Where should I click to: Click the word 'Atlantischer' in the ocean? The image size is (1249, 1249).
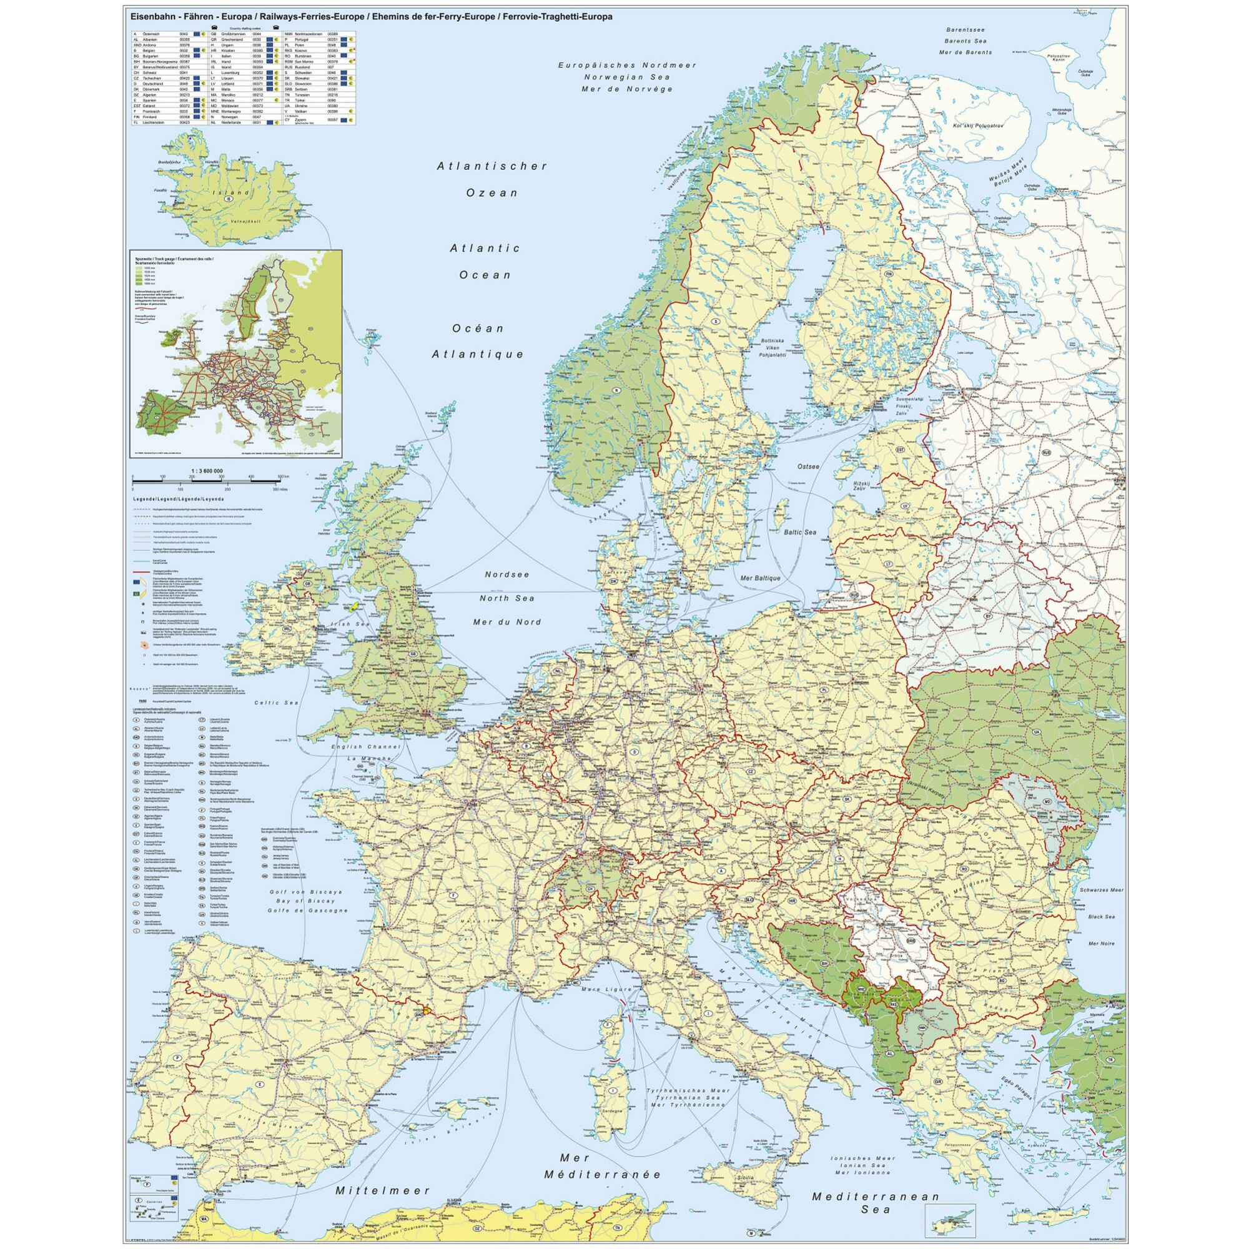[492, 166]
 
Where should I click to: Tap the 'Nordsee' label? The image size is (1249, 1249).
[507, 574]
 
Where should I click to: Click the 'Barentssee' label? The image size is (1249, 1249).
[965, 30]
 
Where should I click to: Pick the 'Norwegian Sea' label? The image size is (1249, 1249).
[624, 77]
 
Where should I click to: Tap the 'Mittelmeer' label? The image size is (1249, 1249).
[383, 1154]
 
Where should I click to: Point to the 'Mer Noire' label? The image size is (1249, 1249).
[1101, 943]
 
